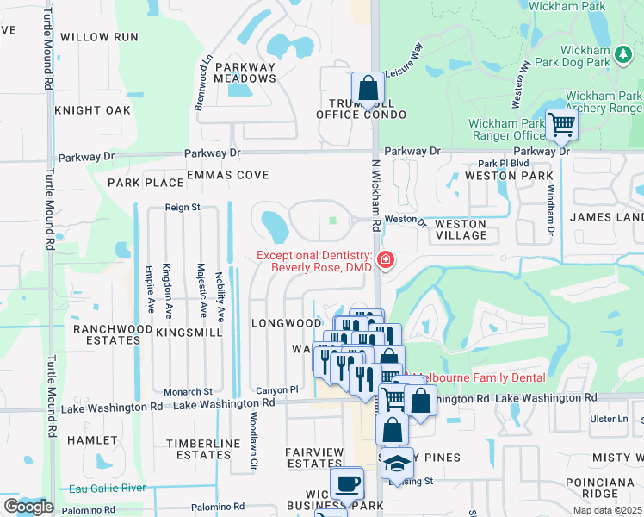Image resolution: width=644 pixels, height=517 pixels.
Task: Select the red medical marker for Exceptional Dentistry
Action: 385,259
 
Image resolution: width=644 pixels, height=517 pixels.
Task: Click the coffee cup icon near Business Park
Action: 347,483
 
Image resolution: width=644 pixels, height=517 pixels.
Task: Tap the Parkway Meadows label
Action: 245,72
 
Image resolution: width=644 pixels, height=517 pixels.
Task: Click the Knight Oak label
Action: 92,110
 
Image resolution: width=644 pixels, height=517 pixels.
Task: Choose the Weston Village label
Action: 461,229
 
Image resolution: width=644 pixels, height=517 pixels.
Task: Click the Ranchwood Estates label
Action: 107,334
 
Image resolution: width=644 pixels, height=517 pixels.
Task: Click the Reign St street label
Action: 183,208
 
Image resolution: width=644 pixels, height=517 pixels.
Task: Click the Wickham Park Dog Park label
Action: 598,57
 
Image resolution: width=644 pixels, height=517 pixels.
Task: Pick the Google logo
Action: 28,506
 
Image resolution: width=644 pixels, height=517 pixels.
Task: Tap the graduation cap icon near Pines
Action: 396,464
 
